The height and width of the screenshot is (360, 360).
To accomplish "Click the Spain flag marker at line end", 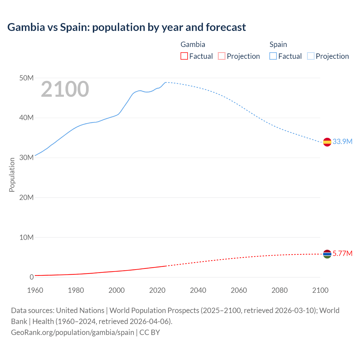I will [x=327, y=142].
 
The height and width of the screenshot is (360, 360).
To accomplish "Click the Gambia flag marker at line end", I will [x=327, y=254].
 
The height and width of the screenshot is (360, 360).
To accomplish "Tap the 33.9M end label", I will [x=342, y=141].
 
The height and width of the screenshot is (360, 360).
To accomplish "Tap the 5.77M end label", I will [x=342, y=253].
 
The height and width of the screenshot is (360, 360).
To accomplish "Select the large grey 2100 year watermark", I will [x=65, y=89].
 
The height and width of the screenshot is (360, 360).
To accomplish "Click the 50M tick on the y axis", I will [x=26, y=78].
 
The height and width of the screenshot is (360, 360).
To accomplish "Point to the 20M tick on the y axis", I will [x=26, y=197].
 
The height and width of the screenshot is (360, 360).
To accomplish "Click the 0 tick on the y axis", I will [x=31, y=277].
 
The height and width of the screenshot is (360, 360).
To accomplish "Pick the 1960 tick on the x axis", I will [x=35, y=290].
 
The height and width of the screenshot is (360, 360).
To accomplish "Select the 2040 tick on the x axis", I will [x=198, y=290].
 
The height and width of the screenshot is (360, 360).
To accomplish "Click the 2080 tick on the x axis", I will [x=280, y=290].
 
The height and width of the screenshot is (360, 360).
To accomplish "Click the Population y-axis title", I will [x=12, y=175].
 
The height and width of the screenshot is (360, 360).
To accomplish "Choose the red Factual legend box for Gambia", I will [x=184, y=56].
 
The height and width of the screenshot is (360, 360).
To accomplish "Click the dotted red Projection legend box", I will [x=222, y=56].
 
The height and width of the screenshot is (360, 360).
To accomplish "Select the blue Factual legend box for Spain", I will [x=273, y=56].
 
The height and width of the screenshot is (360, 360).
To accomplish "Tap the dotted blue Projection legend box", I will [x=311, y=56].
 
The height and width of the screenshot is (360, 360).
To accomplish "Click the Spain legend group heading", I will [x=278, y=44].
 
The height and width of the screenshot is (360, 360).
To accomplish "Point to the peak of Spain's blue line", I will [x=166, y=82].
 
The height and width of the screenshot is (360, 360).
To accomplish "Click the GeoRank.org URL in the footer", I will [x=73, y=332].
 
